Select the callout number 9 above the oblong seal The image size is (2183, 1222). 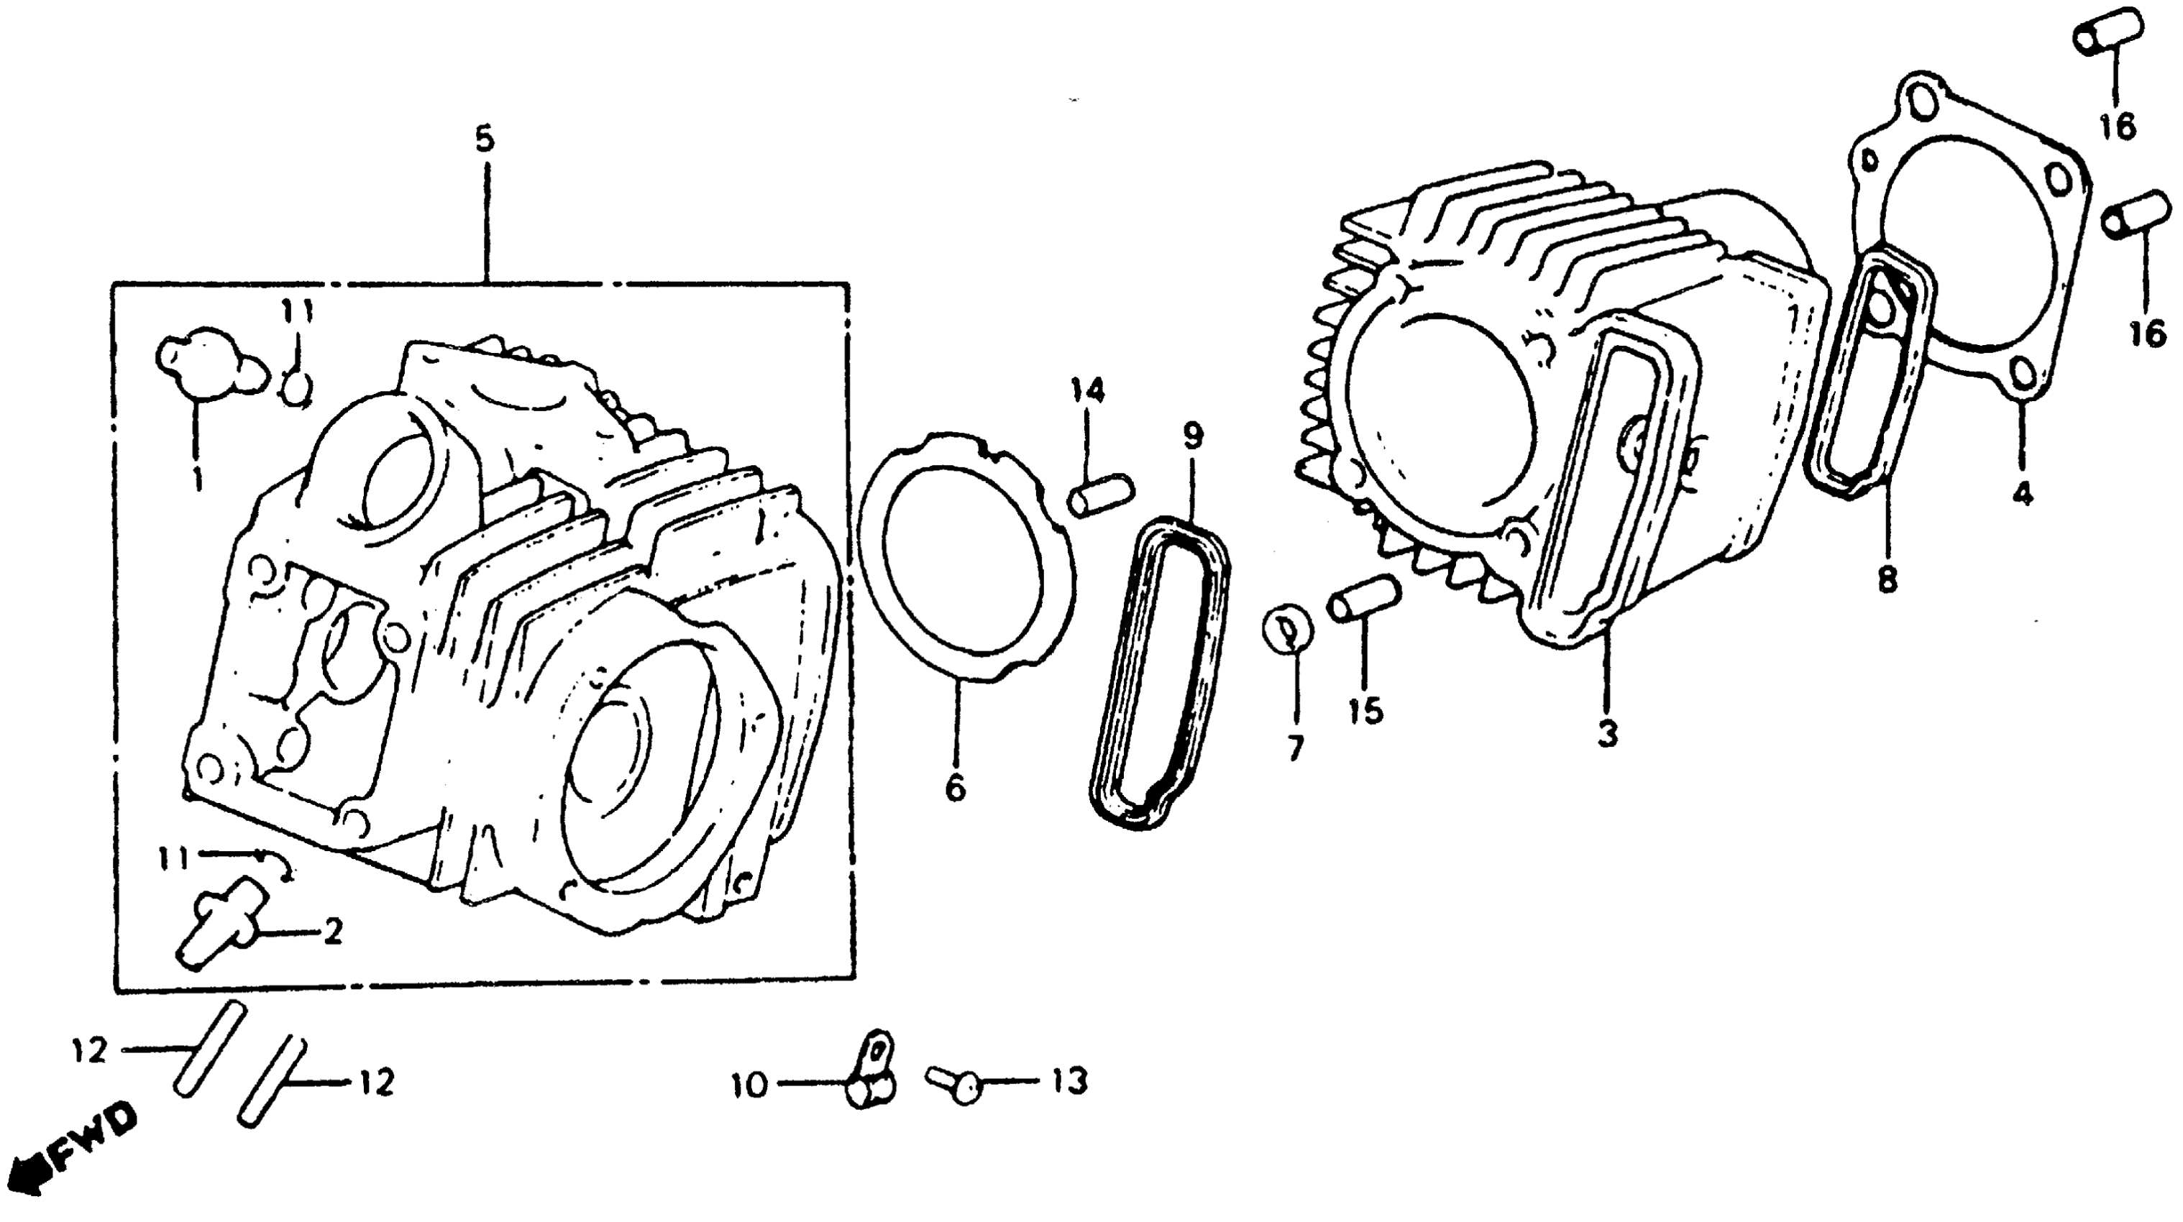coord(1192,436)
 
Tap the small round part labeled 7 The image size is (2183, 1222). coord(1288,628)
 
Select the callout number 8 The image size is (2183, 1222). coord(1887,581)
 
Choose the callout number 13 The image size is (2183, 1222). coord(1068,1080)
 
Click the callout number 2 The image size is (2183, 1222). coord(332,933)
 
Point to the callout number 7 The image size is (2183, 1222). coord(1294,748)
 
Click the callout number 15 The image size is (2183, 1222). coord(1365,711)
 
